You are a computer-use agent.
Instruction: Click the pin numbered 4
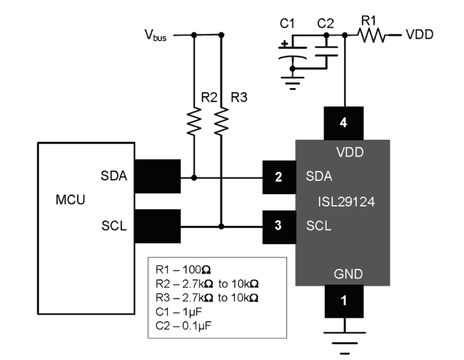344,123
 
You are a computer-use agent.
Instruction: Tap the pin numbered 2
279,177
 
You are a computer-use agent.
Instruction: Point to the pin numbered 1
344,301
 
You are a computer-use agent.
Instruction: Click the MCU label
70,200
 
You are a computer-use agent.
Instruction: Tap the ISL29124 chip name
346,202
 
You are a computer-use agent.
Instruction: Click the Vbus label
155,35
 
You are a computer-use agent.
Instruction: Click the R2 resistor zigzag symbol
194,121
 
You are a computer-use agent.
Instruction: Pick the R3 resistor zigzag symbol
221,121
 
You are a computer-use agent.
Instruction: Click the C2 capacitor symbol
326,51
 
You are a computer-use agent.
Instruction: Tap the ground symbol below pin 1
344,338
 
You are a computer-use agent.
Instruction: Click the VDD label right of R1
419,35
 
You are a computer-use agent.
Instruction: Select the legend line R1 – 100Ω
183,270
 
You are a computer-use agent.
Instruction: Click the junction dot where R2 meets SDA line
194,178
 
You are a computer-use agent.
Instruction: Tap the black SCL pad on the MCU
157,226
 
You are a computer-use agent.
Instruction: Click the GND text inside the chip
348,274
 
